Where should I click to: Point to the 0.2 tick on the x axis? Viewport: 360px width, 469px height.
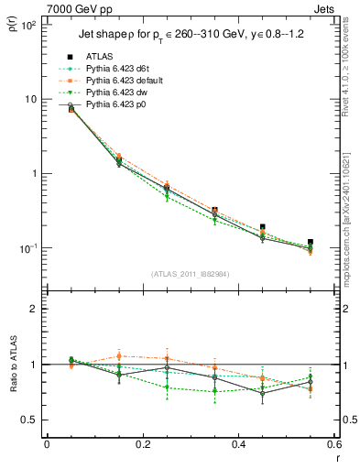(x=142, y=445)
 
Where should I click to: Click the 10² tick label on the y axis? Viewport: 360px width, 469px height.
(x=29, y=25)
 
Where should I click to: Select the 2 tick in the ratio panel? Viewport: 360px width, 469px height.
(x=35, y=309)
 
